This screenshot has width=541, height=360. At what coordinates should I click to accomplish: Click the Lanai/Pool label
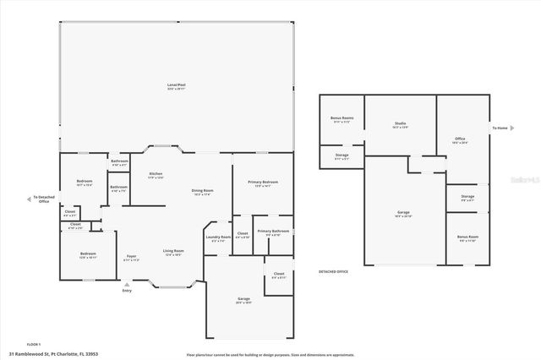177,85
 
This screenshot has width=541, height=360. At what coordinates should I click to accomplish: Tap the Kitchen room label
156,174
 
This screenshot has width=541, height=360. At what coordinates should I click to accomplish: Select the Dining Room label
203,192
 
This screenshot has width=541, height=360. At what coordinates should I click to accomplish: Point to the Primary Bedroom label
264,183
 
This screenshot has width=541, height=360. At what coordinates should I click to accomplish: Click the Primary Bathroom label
274,232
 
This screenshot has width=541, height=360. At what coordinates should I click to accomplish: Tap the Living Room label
174,252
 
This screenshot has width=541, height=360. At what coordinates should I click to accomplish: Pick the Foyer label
132,257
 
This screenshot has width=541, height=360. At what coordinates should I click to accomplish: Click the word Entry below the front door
127,292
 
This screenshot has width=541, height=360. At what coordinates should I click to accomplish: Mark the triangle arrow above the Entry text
127,285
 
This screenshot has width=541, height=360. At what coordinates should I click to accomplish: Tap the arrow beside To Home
513,128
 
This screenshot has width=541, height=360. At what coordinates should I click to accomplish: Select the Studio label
400,125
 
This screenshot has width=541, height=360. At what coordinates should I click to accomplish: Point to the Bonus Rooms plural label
342,119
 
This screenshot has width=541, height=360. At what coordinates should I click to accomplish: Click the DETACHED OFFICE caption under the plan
333,271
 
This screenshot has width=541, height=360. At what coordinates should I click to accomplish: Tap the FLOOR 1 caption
34,344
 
